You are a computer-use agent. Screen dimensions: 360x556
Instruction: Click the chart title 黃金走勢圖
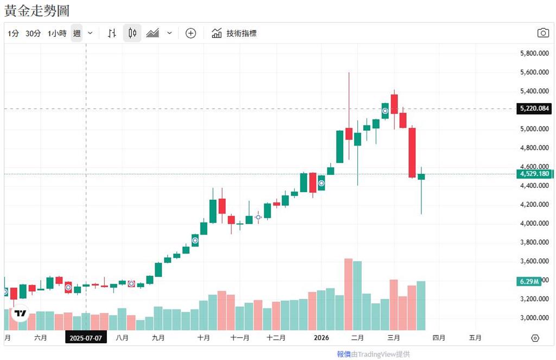click(x=37, y=10)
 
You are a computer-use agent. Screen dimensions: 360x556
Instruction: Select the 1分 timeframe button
click(x=14, y=33)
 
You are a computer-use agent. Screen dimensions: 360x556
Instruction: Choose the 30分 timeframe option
click(x=33, y=33)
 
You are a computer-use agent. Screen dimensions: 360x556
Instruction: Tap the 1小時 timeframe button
click(x=57, y=33)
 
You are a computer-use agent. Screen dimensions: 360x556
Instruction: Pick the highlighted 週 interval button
click(x=77, y=33)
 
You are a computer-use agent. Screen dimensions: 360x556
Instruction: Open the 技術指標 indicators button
click(x=234, y=33)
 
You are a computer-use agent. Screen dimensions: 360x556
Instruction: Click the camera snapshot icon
click(x=543, y=33)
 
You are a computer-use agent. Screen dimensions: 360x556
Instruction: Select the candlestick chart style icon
click(x=132, y=33)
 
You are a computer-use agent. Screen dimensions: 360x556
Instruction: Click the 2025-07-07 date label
click(x=86, y=338)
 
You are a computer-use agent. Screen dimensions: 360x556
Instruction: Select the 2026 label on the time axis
click(x=322, y=338)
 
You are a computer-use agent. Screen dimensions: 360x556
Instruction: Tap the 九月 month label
click(x=158, y=338)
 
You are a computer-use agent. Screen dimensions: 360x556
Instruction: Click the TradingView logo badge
click(x=21, y=313)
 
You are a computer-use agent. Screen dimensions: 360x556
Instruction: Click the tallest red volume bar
click(x=349, y=294)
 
